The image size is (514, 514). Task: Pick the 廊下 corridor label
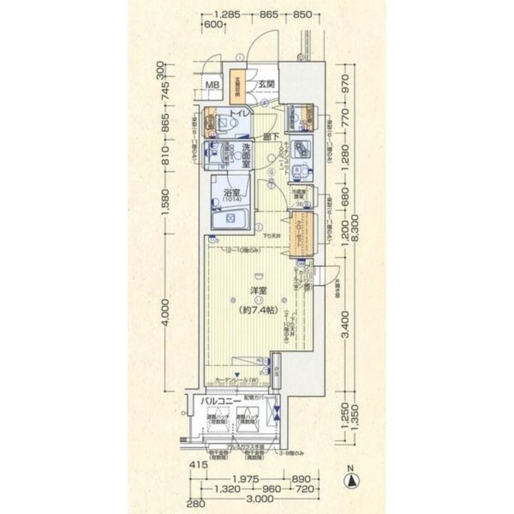click(270, 136)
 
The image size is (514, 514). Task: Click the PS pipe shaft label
click(276, 369)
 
